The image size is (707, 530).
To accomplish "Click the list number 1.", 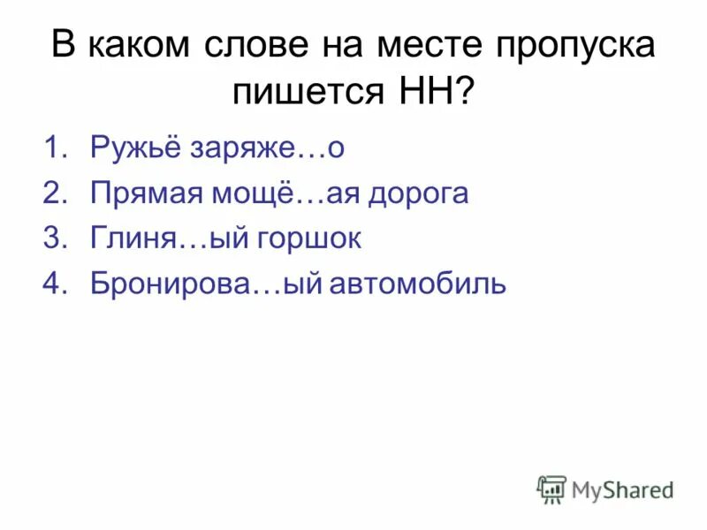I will tap(54, 148).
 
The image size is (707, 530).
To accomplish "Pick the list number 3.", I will tap(54, 239).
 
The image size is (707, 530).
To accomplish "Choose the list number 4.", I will tap(54, 284).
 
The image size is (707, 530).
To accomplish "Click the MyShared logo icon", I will tap(551, 489).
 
